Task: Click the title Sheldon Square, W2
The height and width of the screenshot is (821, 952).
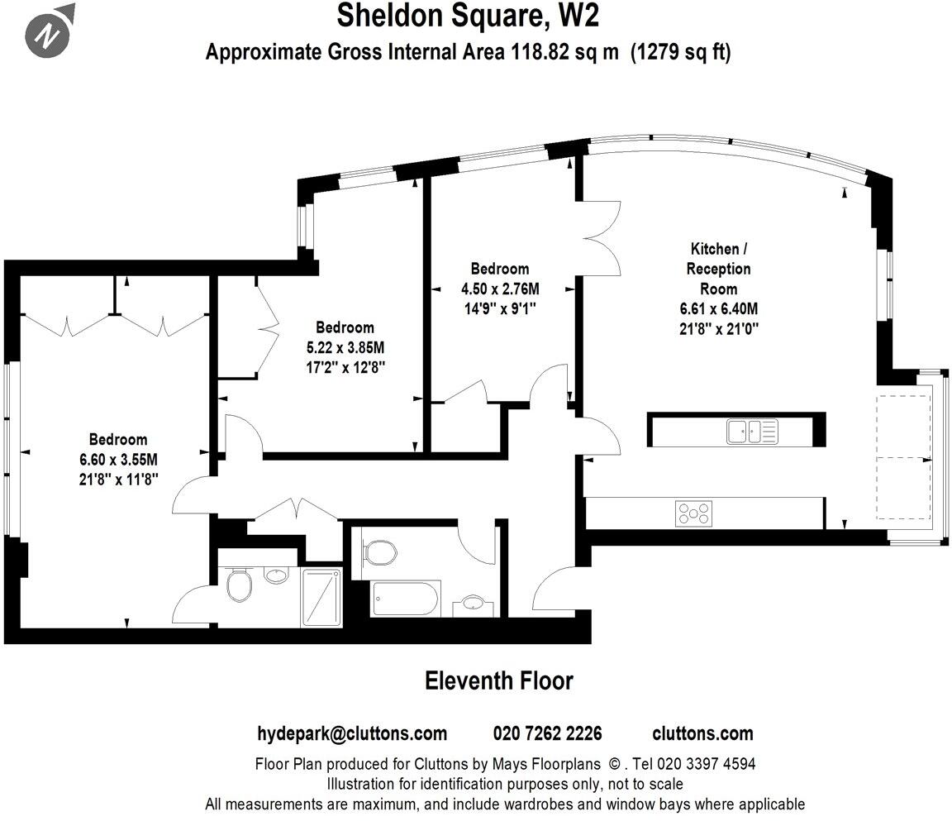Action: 467,16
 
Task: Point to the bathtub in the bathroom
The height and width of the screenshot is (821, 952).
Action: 405,598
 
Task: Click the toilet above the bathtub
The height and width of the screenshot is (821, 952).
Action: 379,551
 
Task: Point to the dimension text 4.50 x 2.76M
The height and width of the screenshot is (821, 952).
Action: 499,289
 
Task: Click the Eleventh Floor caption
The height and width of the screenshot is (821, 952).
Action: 498,680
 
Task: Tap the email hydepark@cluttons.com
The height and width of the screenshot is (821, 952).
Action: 352,733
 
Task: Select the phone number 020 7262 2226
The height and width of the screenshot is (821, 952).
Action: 547,733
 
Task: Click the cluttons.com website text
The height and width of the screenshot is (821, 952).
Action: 702,733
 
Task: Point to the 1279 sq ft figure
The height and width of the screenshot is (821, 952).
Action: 681,52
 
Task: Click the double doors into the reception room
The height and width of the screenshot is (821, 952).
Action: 603,236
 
